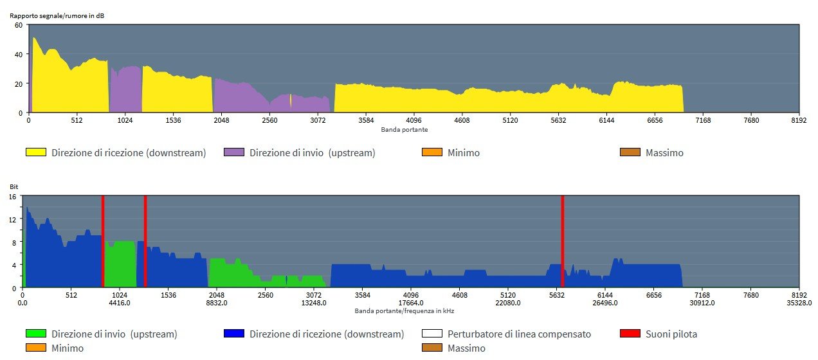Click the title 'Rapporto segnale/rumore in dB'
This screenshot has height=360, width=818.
click(x=57, y=15)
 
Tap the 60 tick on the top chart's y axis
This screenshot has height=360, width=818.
click(x=19, y=25)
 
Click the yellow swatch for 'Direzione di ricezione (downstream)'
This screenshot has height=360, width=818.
click(x=36, y=153)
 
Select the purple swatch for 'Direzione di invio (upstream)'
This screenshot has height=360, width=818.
click(x=234, y=153)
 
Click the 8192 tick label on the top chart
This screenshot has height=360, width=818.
click(x=798, y=120)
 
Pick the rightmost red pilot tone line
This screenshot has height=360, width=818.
click(x=562, y=242)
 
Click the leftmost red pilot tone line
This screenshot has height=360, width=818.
click(x=102, y=242)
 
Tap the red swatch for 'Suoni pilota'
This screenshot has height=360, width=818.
click(x=630, y=334)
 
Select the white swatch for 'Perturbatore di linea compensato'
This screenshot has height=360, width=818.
click(x=432, y=334)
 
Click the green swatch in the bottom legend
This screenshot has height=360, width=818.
click(x=36, y=334)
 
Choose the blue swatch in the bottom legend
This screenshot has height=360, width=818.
click(x=234, y=334)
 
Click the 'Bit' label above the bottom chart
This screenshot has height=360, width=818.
click(x=14, y=187)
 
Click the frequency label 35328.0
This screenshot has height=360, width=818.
click(x=798, y=303)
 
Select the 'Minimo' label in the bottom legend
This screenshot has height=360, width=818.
click(x=68, y=348)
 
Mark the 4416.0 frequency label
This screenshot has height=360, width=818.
click(x=120, y=303)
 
